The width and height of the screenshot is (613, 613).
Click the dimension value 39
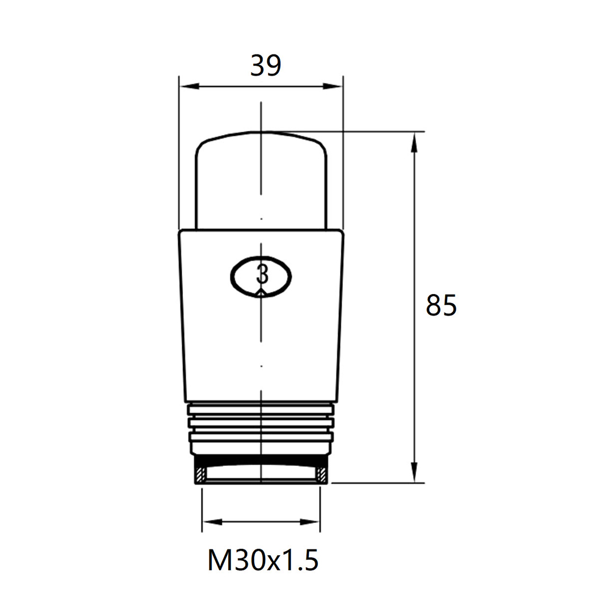point(266,65)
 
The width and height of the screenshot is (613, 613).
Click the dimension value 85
point(441,305)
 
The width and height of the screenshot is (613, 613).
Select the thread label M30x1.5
point(263,560)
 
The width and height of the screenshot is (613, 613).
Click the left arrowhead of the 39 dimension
point(188,86)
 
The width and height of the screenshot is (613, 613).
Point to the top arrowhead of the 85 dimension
point(414,142)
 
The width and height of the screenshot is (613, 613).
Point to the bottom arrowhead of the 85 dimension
point(414,472)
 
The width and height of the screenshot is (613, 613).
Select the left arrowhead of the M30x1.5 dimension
point(212,522)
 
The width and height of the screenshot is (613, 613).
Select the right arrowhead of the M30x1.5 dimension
point(310,522)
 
